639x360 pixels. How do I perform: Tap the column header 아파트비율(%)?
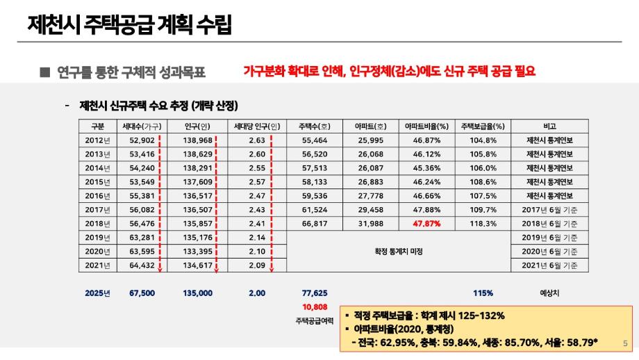pos(427,126)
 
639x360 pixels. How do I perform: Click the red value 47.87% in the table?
pos(427,223)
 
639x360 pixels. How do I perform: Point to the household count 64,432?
pos(142,265)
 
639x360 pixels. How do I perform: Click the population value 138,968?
pos(197,140)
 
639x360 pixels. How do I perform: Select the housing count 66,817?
pos(315,223)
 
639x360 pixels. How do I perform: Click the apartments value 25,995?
pos(370,140)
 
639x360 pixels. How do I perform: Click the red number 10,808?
pos(315,306)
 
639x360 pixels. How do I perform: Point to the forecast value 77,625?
pos(315,293)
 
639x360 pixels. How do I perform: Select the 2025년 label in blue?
pos(97,293)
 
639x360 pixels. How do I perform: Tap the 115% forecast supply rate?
pos(483,293)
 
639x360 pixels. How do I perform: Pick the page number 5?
pos(625,342)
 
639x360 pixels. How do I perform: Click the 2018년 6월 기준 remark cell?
pos(549,223)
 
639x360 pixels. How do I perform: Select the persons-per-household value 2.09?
pos(257,265)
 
